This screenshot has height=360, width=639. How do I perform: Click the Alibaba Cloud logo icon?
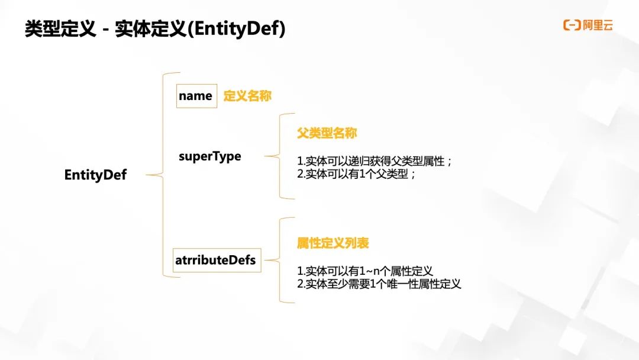point(572,25)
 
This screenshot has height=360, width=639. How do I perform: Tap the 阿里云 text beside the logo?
point(598,25)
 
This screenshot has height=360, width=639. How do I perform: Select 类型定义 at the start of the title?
point(60,29)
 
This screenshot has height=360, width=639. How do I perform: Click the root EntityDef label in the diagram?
point(95,175)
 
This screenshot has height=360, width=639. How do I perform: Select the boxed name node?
point(195,96)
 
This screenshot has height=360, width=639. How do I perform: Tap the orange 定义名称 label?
point(247,96)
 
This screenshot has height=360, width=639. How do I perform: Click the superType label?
point(210,156)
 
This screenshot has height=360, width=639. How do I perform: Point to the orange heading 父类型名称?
point(327,133)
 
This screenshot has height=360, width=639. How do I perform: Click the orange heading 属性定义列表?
point(333,243)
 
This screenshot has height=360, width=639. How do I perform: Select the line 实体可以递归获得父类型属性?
point(375,162)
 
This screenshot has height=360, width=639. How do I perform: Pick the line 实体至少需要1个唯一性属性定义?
point(379,284)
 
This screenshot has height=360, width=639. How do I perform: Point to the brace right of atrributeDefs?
point(279,260)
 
